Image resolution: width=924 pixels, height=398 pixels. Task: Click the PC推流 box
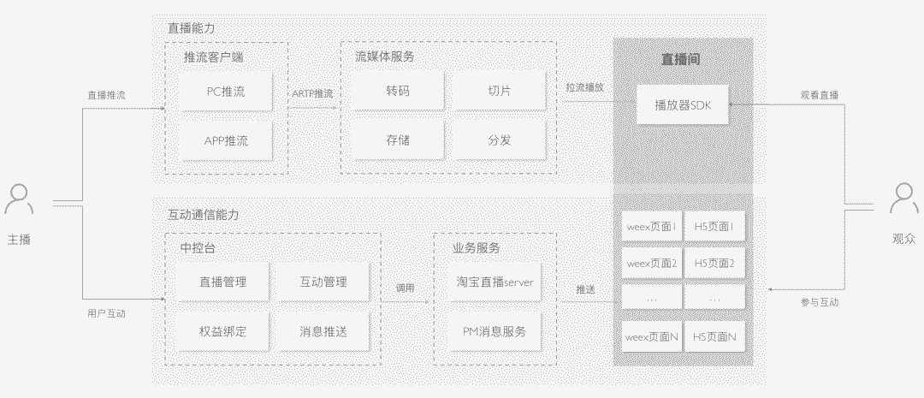point(226,92)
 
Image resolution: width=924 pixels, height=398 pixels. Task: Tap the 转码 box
point(397,92)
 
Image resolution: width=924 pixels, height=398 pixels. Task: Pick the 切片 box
point(500,92)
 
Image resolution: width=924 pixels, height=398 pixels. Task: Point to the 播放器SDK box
point(683,105)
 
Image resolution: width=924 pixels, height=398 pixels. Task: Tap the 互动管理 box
point(323,282)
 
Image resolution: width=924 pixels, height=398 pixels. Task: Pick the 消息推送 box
point(323,330)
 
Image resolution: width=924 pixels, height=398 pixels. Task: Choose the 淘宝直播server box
point(495,282)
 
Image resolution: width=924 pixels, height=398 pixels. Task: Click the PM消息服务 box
point(495,330)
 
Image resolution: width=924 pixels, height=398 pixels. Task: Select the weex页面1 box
point(650,227)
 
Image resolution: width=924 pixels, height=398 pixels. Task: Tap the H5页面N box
point(714,337)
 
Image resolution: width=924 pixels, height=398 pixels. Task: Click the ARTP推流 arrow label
point(312,93)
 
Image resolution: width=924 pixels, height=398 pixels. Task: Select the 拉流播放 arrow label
point(584,87)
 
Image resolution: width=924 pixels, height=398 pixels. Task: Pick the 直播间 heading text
point(682,59)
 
